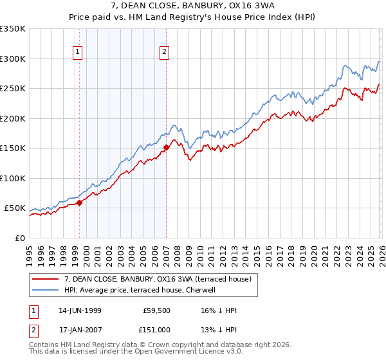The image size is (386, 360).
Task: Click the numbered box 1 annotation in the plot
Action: [78, 53]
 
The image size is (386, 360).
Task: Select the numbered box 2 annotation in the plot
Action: [165, 53]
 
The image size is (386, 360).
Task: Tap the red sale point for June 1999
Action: [80, 203]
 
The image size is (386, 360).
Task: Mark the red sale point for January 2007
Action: [166, 148]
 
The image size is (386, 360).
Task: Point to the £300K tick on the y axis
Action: [12, 59]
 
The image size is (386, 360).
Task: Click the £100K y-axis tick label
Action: [12, 178]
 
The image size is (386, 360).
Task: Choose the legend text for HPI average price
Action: [142, 290]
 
